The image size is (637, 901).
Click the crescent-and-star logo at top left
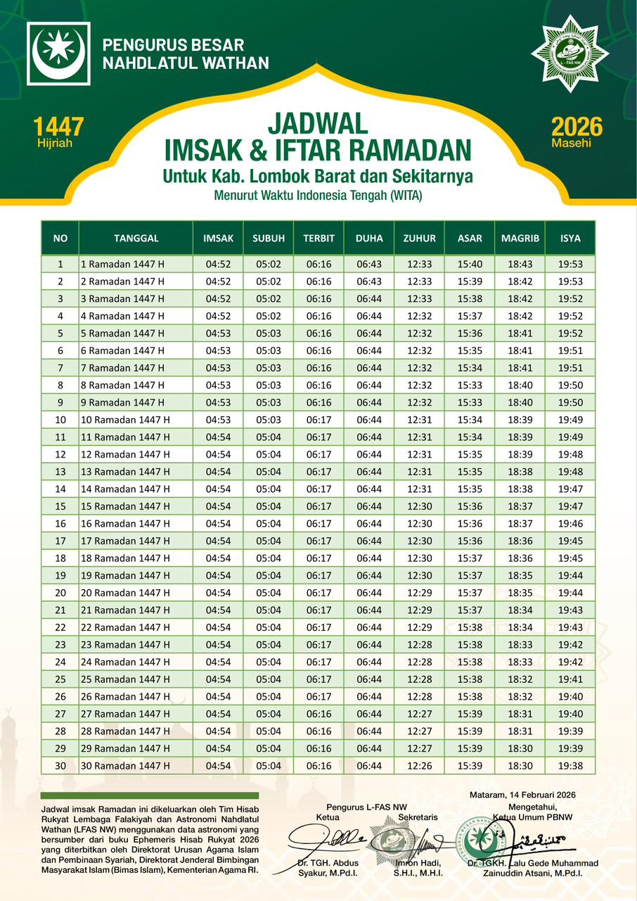[58, 53]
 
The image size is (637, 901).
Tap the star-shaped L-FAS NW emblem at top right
[570, 53]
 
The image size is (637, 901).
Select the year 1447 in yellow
[58, 127]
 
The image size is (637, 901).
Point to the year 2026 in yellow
[577, 127]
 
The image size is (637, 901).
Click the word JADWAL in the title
[318, 125]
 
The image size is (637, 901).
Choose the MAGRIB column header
[520, 238]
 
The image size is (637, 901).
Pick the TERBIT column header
[318, 238]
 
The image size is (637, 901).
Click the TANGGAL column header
[136, 238]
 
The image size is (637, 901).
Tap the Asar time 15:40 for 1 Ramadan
[470, 264]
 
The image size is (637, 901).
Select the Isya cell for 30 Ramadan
[570, 766]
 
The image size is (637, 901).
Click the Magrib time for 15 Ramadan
[520, 506]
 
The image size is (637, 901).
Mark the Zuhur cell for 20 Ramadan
[419, 593]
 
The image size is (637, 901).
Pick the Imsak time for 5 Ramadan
[219, 333]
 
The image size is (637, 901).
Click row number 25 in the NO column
[60, 679]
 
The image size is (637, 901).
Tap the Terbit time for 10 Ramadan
[318, 420]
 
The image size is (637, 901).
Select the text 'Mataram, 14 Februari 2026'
[522, 795]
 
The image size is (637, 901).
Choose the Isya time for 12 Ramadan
[570, 454]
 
